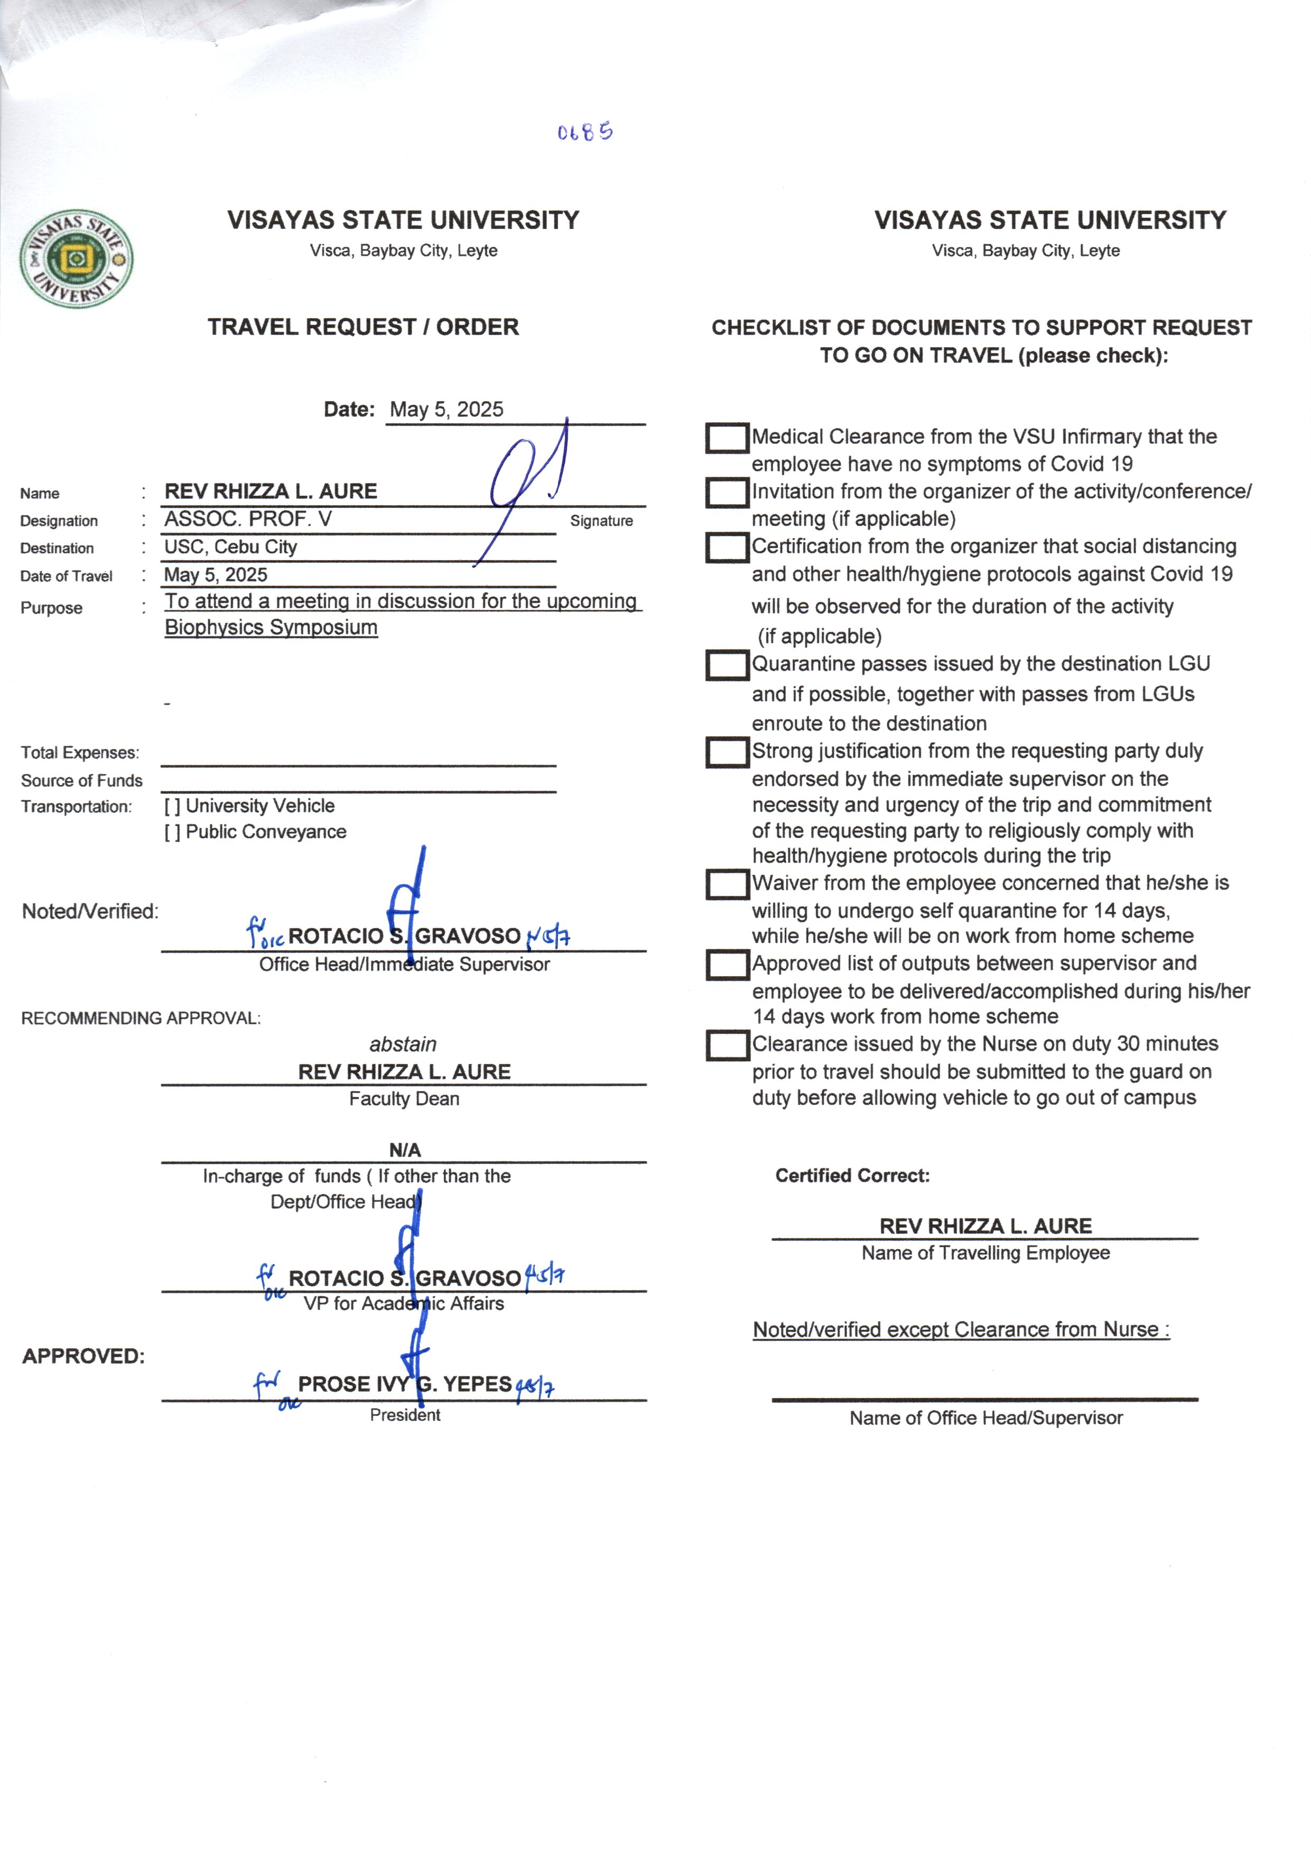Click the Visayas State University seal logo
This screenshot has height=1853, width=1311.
click(x=77, y=258)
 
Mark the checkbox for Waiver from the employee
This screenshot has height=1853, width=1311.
click(x=727, y=884)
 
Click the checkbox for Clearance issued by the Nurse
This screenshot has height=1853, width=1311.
click(x=727, y=1045)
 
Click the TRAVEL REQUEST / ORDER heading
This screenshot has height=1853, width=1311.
click(x=363, y=327)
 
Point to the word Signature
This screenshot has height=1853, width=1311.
click(x=601, y=521)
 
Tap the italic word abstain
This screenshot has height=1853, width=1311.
click(x=403, y=1044)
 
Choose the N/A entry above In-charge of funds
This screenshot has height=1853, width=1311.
click(x=404, y=1150)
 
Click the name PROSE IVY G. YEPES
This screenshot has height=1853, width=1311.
click(x=404, y=1384)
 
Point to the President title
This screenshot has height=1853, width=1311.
click(x=405, y=1414)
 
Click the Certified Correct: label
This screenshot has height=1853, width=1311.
click(x=852, y=1175)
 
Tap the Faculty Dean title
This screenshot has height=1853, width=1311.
click(x=404, y=1099)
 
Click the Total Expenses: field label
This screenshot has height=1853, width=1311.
click(x=80, y=753)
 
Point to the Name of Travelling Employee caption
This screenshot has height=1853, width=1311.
click(x=985, y=1253)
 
